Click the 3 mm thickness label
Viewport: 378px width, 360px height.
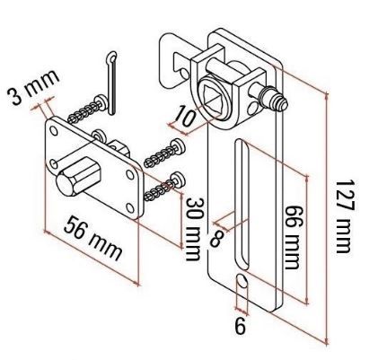pyautogui.click(x=32, y=86)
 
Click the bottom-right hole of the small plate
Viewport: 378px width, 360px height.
pyautogui.click(x=132, y=206)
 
